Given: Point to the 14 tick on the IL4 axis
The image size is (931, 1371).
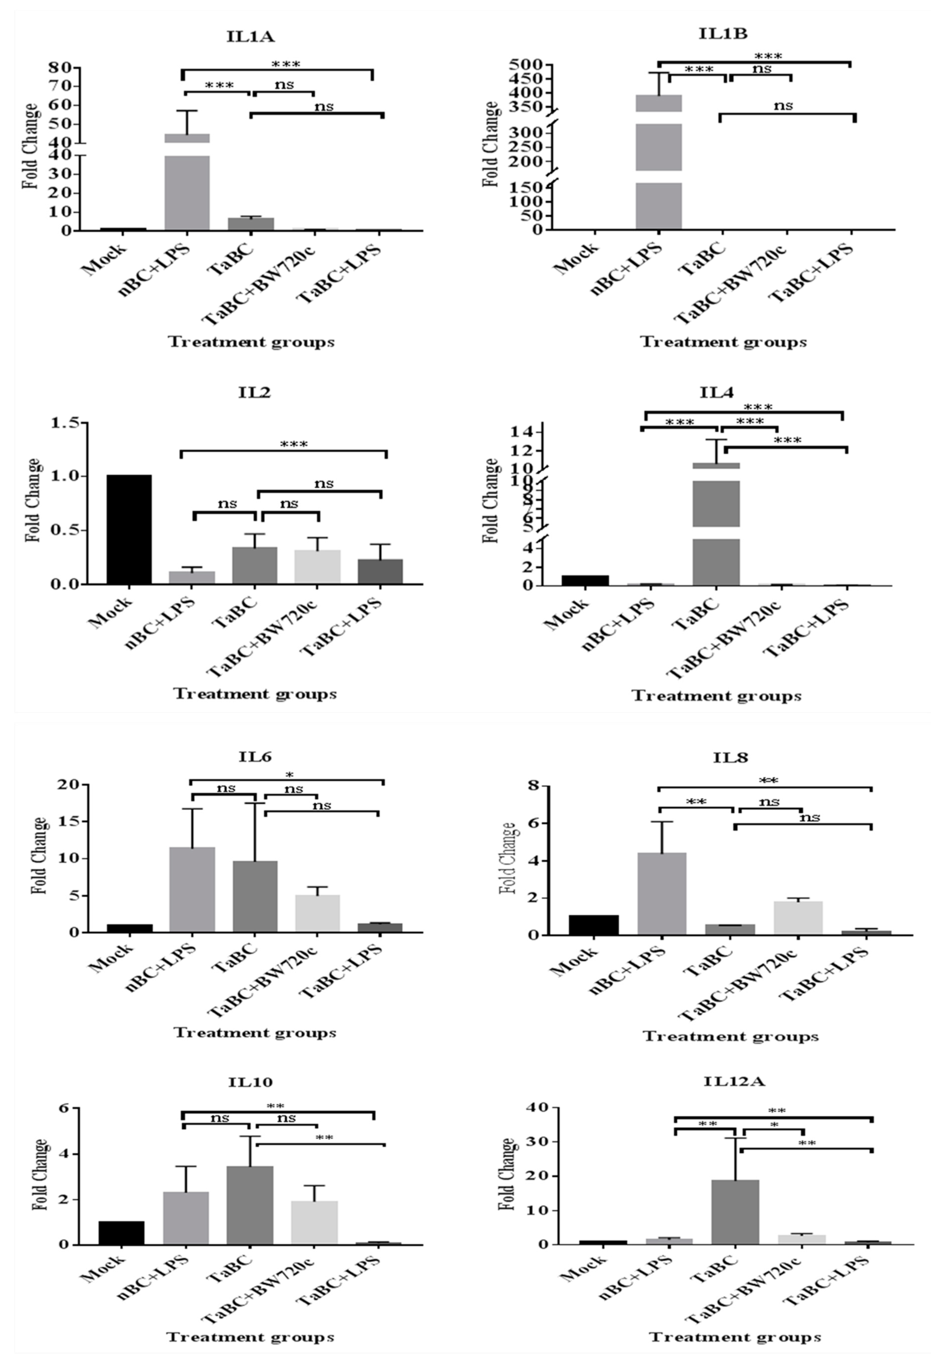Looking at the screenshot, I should tap(525, 432).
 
